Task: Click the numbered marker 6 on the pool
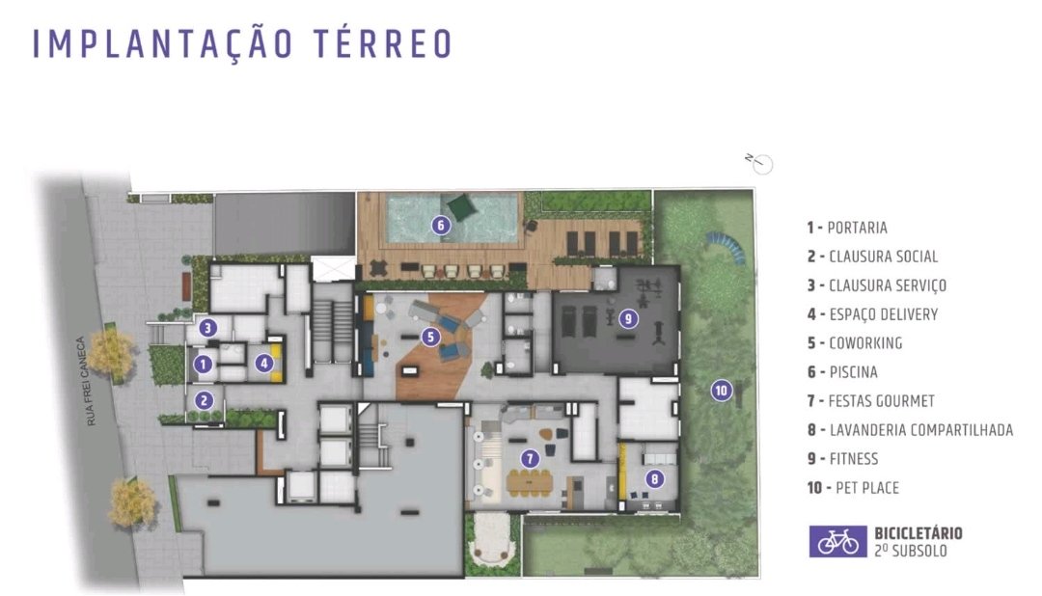[441, 226]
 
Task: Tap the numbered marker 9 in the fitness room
[628, 319]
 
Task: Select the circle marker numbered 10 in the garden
[721, 390]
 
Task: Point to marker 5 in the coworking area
[430, 337]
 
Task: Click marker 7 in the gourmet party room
[530, 458]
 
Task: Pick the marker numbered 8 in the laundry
[654, 478]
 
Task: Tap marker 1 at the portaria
[203, 364]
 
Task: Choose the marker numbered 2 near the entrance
[204, 400]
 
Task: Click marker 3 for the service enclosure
[208, 328]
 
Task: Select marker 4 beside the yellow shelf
[264, 363]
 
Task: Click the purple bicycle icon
[837, 542]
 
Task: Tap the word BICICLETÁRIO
[918, 533]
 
